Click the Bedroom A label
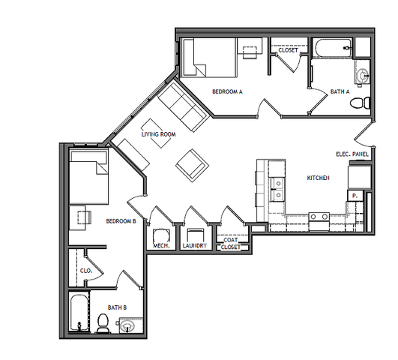tap(227, 91)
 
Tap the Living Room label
tap(158, 134)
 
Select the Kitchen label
tap(319, 178)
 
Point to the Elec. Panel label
tap(352, 154)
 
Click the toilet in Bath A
tap(360, 103)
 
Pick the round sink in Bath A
tap(364, 75)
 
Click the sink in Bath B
tap(127, 326)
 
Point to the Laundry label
tap(195, 246)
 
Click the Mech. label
tap(161, 246)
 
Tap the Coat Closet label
tap(231, 244)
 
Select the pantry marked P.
tap(355, 196)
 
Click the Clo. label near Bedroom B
tap(86, 271)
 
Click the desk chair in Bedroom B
tap(84, 217)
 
